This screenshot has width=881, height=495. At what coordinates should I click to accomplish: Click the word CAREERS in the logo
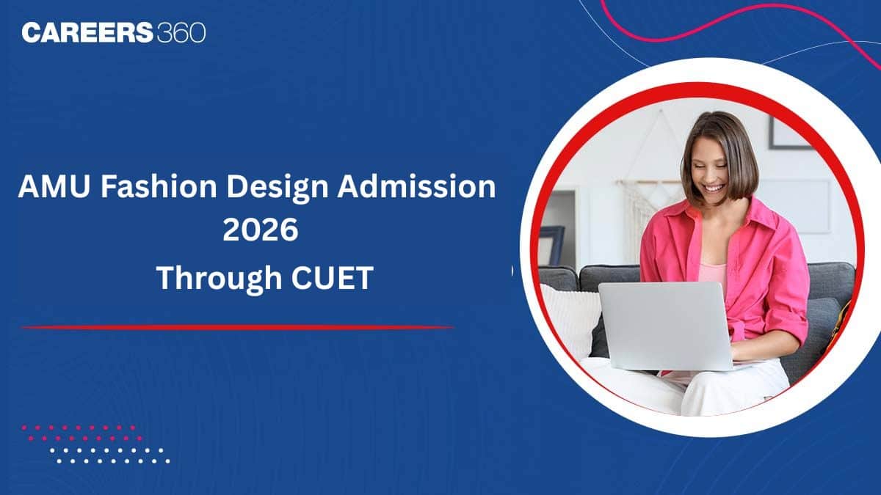[87, 32]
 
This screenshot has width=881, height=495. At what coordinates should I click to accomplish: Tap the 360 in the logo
[181, 32]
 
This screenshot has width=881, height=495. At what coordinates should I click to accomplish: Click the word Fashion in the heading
[159, 186]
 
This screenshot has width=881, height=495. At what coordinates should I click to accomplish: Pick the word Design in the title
[278, 188]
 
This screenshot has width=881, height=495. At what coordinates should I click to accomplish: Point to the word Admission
[417, 186]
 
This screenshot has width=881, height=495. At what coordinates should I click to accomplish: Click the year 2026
[261, 230]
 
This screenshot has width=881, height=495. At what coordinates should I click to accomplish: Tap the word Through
[219, 279]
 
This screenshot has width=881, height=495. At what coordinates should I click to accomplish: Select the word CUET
[332, 278]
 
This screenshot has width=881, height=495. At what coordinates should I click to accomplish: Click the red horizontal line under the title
[238, 327]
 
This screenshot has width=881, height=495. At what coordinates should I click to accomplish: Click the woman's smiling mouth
[714, 188]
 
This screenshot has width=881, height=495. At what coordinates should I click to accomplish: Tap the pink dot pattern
[82, 433]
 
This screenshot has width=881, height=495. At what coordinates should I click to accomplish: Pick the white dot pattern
[109, 455]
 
